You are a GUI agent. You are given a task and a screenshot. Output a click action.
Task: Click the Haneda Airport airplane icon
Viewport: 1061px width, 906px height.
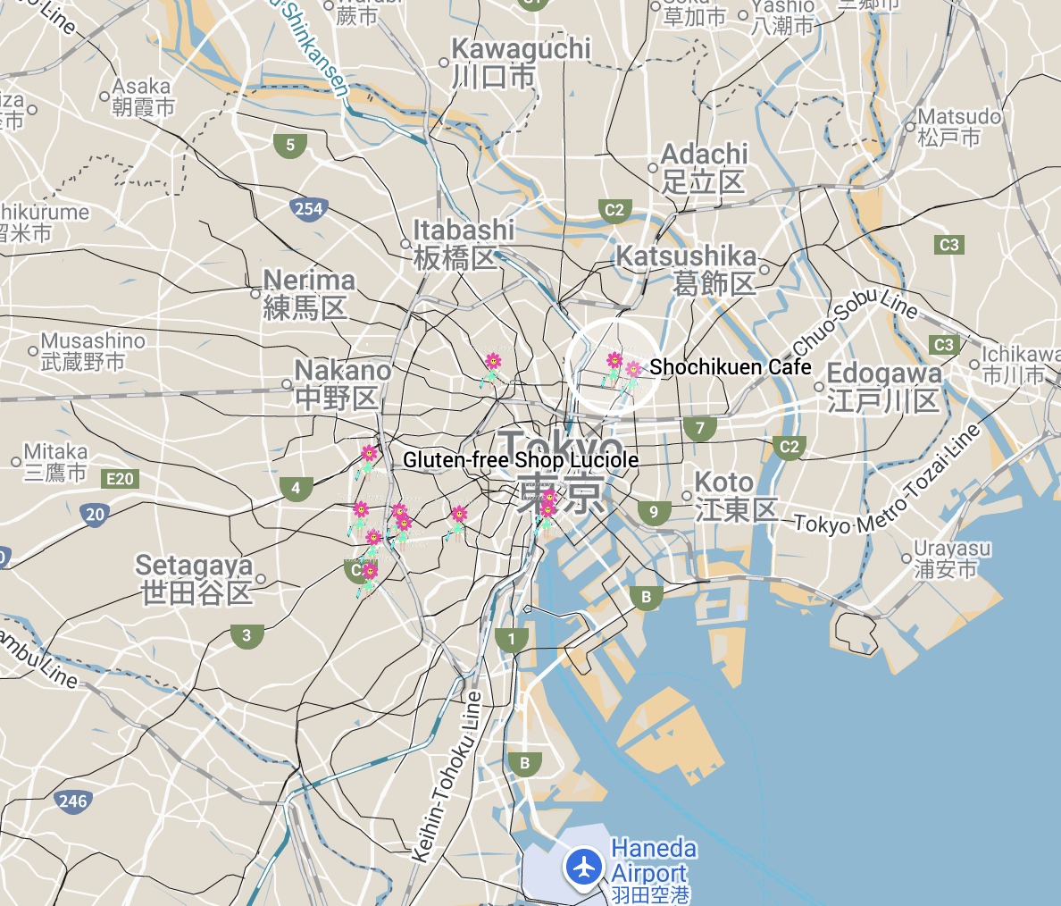click(585, 866)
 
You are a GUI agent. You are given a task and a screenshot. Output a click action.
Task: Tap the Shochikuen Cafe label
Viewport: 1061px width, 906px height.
click(731, 367)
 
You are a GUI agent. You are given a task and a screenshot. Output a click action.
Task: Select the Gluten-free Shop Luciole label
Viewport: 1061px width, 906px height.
click(521, 460)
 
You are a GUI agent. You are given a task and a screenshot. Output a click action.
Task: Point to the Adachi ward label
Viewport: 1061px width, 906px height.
click(704, 168)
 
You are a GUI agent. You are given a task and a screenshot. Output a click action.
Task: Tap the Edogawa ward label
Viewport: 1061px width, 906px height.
click(883, 387)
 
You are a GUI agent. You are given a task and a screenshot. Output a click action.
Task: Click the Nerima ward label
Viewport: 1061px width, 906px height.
click(309, 294)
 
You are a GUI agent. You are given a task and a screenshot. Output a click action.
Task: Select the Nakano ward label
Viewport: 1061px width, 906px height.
click(342, 384)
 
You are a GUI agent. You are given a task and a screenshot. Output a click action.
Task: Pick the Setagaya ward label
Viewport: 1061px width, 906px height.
click(196, 579)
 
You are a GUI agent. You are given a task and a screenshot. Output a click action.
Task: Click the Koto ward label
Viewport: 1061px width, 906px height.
click(736, 496)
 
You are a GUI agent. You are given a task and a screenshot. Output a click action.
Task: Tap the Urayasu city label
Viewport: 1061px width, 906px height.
click(951, 558)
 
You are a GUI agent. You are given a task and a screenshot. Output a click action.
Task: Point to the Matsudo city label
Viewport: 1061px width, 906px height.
click(959, 126)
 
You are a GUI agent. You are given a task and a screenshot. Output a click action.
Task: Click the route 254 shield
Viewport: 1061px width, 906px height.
click(307, 210)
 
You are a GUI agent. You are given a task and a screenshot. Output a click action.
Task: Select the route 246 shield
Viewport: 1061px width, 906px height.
click(72, 801)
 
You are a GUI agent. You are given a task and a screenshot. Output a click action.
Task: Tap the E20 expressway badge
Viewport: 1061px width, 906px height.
click(119, 479)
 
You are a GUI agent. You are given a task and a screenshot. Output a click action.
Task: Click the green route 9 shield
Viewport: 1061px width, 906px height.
click(654, 512)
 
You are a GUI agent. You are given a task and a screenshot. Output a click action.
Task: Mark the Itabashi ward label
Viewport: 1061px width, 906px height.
click(463, 244)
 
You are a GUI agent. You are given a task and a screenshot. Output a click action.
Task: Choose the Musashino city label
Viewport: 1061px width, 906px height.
click(92, 351)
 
